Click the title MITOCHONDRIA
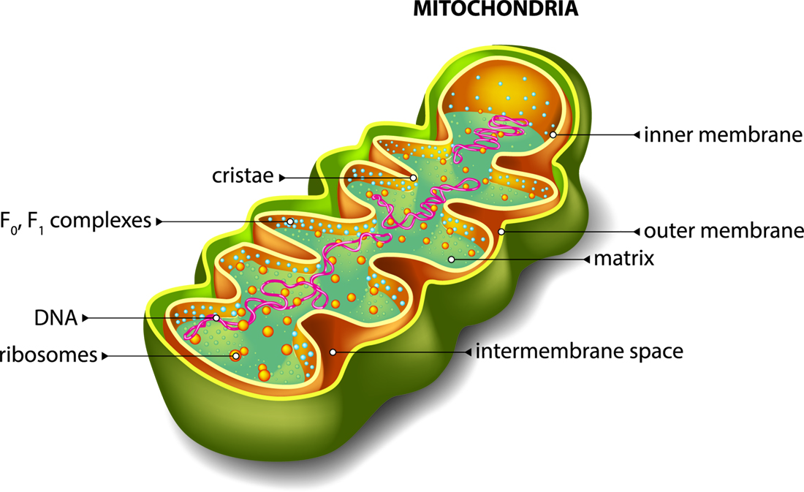tap(496, 9)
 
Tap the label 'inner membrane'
tap(723, 135)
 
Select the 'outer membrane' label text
tap(724, 231)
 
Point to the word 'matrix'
tap(624, 258)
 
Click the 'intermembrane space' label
tap(580, 352)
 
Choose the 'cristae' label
tap(243, 175)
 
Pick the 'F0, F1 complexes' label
tap(75, 221)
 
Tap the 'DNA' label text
tap(56, 318)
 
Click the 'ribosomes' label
tap(49, 355)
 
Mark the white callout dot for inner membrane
tap(553, 135)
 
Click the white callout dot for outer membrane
tap(501, 232)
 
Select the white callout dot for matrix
tap(451, 259)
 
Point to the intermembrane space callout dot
tap(333, 352)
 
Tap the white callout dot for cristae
tap(413, 178)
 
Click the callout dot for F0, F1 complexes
tap(290, 222)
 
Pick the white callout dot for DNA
tap(216, 318)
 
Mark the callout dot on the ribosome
tap(235, 355)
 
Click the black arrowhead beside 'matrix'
tap(587, 259)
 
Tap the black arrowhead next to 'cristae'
tap(282, 178)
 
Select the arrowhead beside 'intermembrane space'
tap(468, 352)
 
